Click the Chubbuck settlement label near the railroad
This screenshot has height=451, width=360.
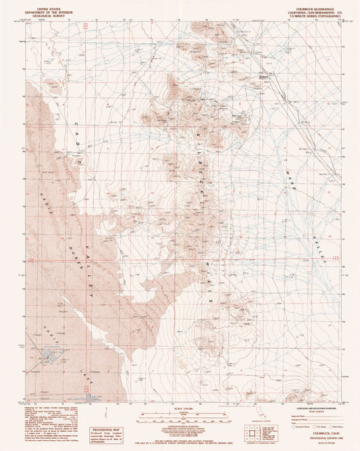point(265,76)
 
